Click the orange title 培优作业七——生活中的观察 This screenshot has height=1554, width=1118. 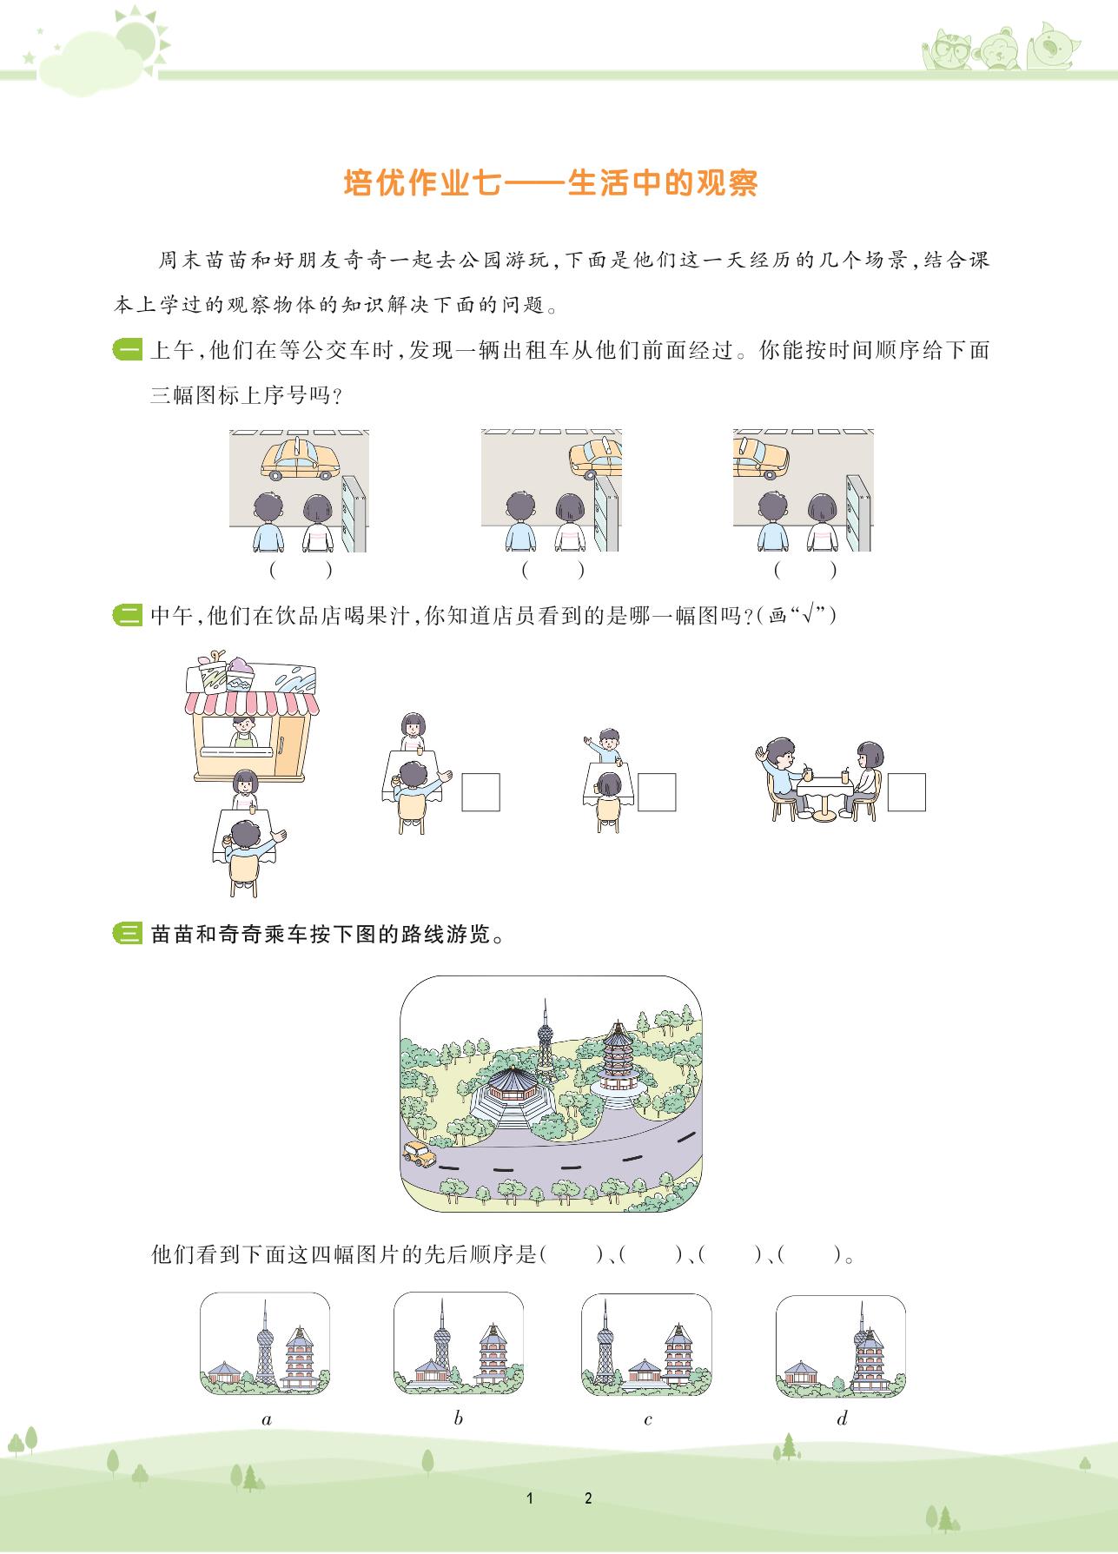pos(551,184)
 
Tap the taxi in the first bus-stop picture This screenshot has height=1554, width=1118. pos(301,459)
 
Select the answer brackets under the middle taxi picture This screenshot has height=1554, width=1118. pos(552,571)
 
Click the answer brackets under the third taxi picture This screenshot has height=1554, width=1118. pos(805,571)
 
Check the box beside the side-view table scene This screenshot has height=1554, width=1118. pos(906,791)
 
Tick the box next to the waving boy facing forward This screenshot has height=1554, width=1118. pos(657,791)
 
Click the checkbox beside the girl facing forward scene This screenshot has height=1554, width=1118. pos(480,791)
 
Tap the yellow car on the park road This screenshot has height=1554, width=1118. pos(420,1154)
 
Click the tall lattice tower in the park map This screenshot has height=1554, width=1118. pos(545,1042)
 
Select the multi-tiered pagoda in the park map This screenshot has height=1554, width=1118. pos(617,1064)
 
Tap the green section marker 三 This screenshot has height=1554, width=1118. pos(128,936)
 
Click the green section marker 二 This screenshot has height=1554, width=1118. pos(128,617)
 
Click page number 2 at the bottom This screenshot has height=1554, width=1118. pos(588,1498)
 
